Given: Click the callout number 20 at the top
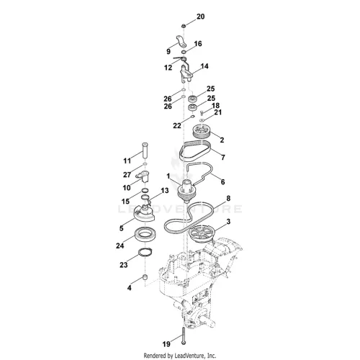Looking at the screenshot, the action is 201,17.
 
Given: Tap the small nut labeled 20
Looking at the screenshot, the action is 184,25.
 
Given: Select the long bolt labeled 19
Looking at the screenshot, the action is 184,336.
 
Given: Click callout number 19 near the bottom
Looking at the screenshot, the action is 166,344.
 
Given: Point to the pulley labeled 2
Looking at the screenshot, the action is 202,132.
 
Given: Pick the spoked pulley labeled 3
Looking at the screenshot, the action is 202,234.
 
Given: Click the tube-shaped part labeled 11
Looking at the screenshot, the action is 145,150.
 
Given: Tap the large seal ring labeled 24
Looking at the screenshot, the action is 145,234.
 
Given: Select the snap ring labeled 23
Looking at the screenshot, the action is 145,253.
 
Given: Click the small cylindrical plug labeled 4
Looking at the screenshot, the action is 145,277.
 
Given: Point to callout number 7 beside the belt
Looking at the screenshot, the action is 223,157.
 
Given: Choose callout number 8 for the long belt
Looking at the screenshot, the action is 228,198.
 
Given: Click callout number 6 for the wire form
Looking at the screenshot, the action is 222,182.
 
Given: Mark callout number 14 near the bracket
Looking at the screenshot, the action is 204,66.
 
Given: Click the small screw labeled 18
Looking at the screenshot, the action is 202,112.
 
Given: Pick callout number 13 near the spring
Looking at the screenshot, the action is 165,191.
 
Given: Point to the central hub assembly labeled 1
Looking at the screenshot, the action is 186,191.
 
